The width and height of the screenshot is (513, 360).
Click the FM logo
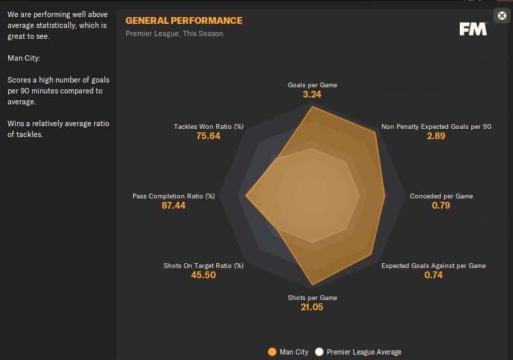coord(473,29)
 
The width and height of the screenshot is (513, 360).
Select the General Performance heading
coord(184,20)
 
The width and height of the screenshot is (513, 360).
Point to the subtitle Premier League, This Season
coord(174,33)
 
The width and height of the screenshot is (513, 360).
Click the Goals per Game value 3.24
coord(312,95)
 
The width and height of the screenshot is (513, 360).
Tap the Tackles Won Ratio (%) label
coord(209,126)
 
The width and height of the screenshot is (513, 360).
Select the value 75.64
coord(209,136)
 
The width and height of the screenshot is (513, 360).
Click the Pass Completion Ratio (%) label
coord(173,196)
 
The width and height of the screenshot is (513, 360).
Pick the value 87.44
coord(173,206)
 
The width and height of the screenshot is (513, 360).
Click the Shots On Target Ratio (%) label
coord(203,265)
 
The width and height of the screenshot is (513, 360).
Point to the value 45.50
coord(203,275)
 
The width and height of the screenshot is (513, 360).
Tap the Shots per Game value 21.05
coord(312,307)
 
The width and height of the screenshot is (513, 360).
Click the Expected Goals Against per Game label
coord(433,265)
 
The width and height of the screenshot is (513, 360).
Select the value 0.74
coord(433,275)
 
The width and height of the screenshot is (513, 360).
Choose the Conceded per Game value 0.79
coord(441,206)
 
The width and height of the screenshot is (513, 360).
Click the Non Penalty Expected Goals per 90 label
coord(436,126)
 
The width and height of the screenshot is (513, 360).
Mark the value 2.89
coord(436,136)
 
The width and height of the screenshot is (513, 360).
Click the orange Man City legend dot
coord(272,352)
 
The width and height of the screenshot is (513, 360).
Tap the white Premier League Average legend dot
coord(319,352)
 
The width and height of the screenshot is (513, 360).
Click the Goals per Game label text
coord(312,85)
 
